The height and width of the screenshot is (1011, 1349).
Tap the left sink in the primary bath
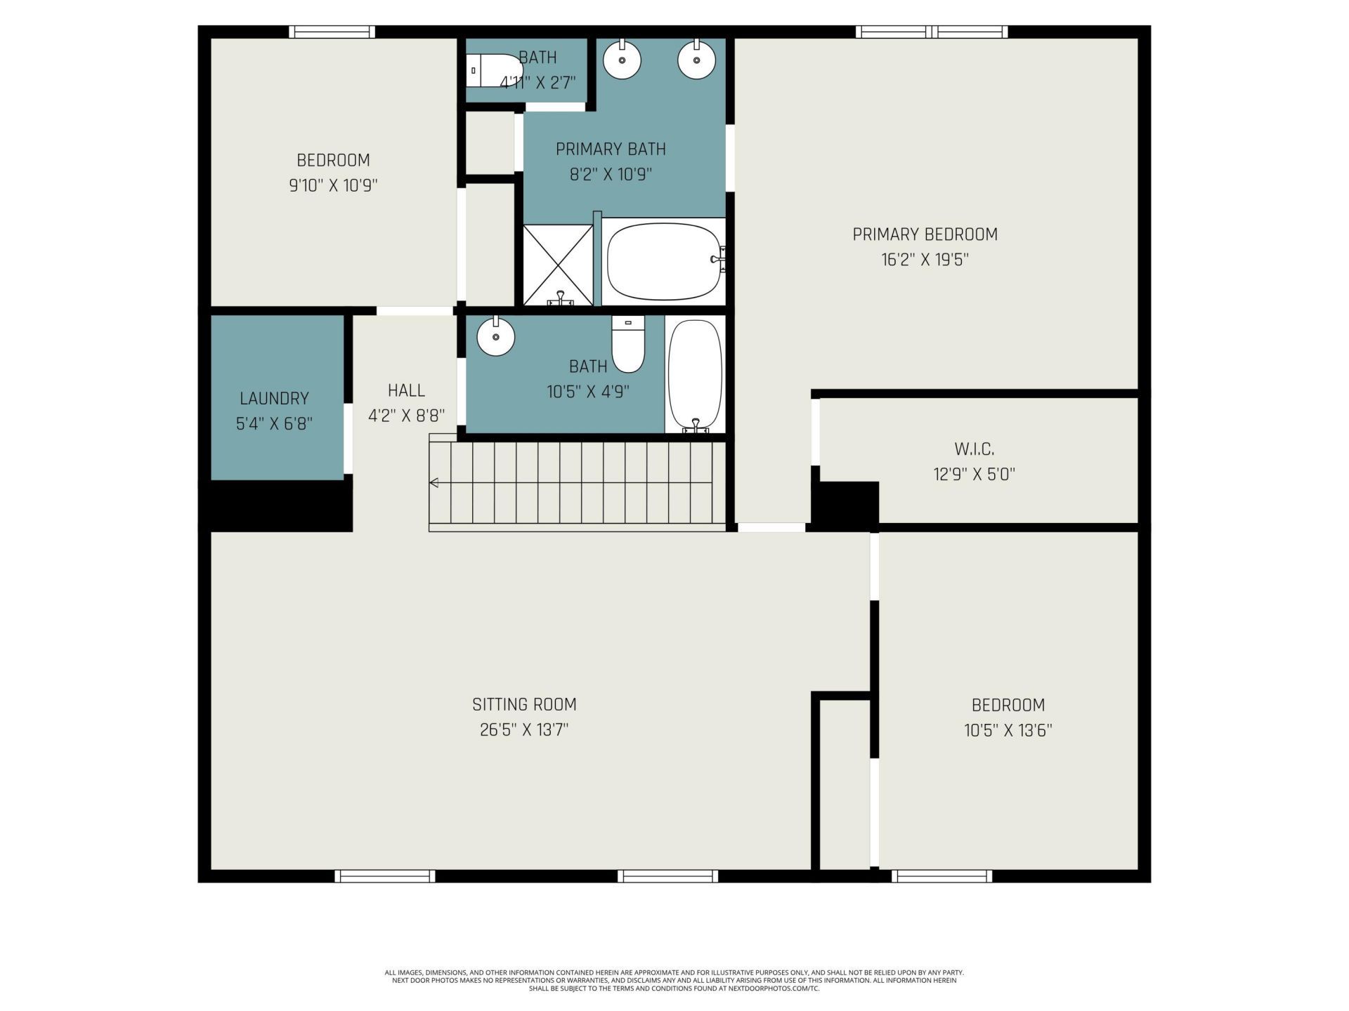pyautogui.click(x=622, y=60)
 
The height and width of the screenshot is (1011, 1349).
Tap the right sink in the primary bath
pyautogui.click(x=696, y=60)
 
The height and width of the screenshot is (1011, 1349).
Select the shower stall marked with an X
pyautogui.click(x=558, y=264)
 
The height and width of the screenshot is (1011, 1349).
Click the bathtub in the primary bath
pyautogui.click(x=663, y=261)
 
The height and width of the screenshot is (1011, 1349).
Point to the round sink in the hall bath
pyautogui.click(x=495, y=337)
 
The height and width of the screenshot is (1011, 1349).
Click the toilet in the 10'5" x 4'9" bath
pyautogui.click(x=628, y=345)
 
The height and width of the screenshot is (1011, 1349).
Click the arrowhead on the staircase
pyautogui.click(x=434, y=482)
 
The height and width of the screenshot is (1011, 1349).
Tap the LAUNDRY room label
pyautogui.click(x=274, y=399)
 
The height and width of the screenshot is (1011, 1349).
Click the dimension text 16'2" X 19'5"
pyautogui.click(x=925, y=260)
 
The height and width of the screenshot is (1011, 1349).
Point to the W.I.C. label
pyautogui.click(x=974, y=449)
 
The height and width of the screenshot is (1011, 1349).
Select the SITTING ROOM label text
pyautogui.click(x=524, y=704)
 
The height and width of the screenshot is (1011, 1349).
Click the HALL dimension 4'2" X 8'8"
pyautogui.click(x=406, y=416)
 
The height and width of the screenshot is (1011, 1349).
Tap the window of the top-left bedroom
pyautogui.click(x=332, y=32)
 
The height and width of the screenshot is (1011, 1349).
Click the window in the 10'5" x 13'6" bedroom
pyautogui.click(x=941, y=875)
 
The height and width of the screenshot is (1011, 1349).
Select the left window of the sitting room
pyautogui.click(x=384, y=875)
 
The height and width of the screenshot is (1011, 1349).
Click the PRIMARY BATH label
pyautogui.click(x=611, y=149)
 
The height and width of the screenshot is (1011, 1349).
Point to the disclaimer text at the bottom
pyautogui.click(x=674, y=980)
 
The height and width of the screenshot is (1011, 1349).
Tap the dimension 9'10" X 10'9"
pyautogui.click(x=333, y=185)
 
